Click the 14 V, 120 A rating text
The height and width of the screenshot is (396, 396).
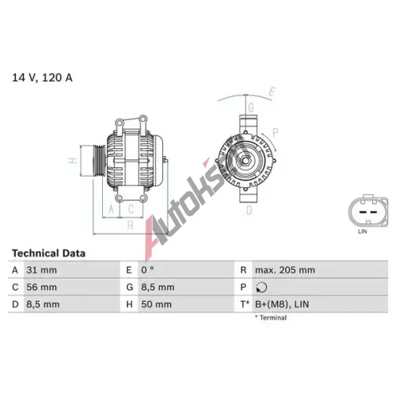pyautogui.click(x=42, y=78)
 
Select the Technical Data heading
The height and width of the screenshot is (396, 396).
pyautogui.click(x=48, y=253)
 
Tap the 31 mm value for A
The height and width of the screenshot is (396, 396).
pyautogui.click(x=41, y=270)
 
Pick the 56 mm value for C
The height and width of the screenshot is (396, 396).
pyautogui.click(x=41, y=287)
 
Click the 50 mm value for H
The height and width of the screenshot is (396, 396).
pyautogui.click(x=156, y=304)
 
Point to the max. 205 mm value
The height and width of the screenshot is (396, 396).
pyautogui.click(x=285, y=270)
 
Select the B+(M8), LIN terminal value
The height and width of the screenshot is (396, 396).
pyautogui.click(x=282, y=304)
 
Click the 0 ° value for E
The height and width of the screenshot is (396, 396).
pyautogui.click(x=147, y=270)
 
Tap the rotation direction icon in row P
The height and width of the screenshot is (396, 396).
pyautogui.click(x=261, y=287)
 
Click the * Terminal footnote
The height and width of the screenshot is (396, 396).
pyautogui.click(x=271, y=318)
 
